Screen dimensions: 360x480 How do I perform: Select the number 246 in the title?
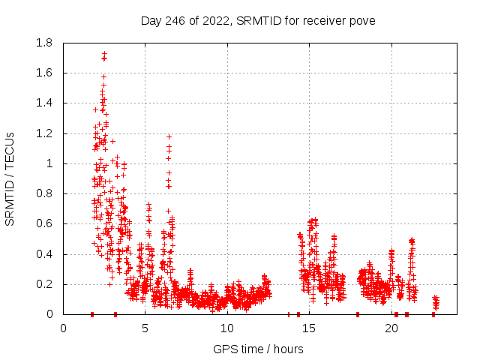pos(175,20)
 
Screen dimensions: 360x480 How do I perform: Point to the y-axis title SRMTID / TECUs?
pos(10,178)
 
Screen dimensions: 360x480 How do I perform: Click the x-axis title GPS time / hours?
pos(258,349)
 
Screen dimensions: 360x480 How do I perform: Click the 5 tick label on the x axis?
pos(145,327)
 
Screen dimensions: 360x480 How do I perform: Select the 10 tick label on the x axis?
pos(227,327)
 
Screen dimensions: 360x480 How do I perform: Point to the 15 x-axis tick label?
pos(310,327)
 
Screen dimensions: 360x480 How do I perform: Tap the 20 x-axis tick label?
pos(391,327)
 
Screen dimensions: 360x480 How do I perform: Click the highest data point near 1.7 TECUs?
pos(104,54)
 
